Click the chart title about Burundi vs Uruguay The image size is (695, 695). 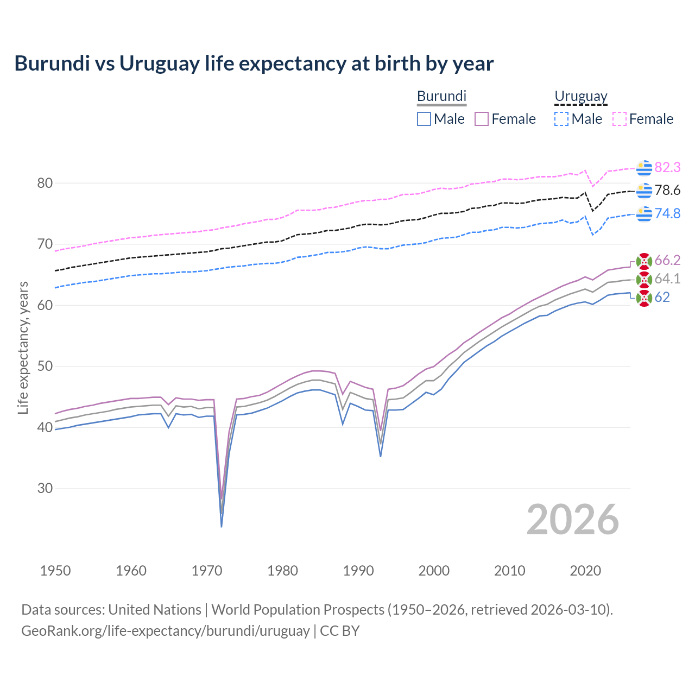point(254,64)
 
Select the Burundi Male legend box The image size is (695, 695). point(424,119)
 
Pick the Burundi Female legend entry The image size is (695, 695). point(505,119)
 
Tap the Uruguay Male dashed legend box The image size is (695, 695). point(561,119)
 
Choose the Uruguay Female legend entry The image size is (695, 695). point(643,119)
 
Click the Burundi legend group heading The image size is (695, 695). point(441,96)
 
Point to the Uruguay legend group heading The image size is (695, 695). point(580,96)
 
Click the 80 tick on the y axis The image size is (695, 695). point(45,183)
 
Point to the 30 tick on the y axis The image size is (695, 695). point(45,488)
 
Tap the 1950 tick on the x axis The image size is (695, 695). point(55,571)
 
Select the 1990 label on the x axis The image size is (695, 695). point(358,571)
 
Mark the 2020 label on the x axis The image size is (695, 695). point(585,571)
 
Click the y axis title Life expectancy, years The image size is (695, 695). point(23,347)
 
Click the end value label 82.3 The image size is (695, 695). point(667,168)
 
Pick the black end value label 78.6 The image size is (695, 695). point(667,191)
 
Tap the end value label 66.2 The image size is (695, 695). point(667,261)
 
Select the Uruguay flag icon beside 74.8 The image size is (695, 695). point(644,214)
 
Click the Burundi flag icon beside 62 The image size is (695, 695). point(644,298)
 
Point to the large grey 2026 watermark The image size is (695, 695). point(572,520)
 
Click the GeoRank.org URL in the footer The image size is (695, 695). point(165,631)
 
